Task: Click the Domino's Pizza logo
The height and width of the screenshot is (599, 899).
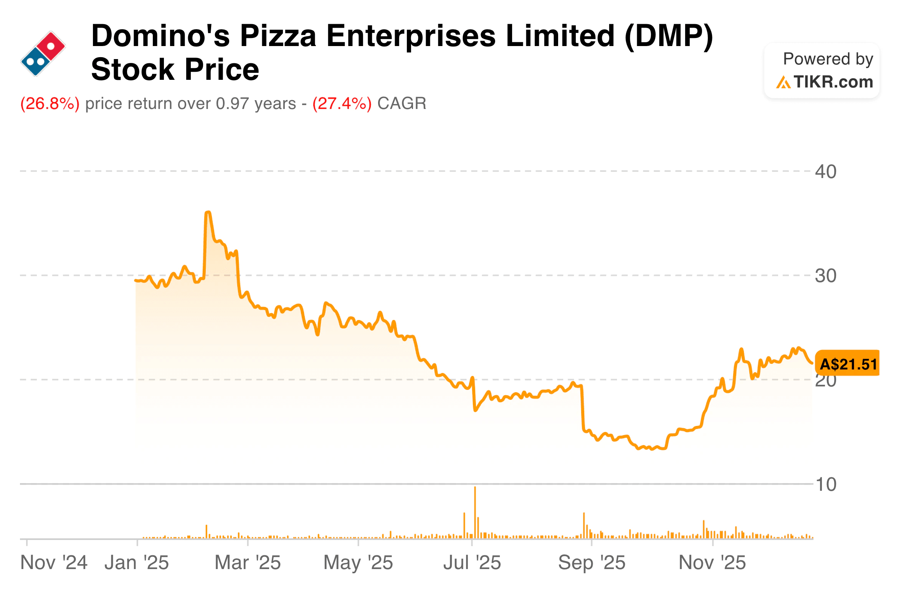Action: coord(43,54)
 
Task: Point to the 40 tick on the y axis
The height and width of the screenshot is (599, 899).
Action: coord(826,172)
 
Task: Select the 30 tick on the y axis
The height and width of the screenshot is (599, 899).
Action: coord(826,276)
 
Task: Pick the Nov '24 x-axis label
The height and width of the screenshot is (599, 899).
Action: coord(54,563)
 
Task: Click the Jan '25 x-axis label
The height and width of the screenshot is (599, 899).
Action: coord(137,563)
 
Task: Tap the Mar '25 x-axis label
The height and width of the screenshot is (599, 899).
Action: coord(248,563)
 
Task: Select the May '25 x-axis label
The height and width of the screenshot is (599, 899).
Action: coord(358,563)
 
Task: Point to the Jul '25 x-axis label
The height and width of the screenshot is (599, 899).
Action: coord(472,563)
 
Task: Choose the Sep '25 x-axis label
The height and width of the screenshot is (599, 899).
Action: coord(592,563)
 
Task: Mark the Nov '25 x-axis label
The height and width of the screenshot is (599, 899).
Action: coord(712,563)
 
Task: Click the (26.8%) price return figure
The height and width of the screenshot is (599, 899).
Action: coord(50,104)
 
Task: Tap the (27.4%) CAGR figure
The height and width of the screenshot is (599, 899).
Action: coord(342,104)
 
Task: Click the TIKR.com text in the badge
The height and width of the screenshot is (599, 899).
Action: coord(833,82)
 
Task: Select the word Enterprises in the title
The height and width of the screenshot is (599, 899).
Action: coord(411,36)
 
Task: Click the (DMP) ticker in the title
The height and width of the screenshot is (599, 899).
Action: coord(669,36)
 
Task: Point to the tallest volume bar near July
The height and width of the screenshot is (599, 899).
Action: coord(475,512)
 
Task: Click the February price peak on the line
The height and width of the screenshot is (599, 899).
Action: coord(208,212)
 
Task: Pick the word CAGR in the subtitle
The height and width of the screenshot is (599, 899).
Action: coord(402,104)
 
